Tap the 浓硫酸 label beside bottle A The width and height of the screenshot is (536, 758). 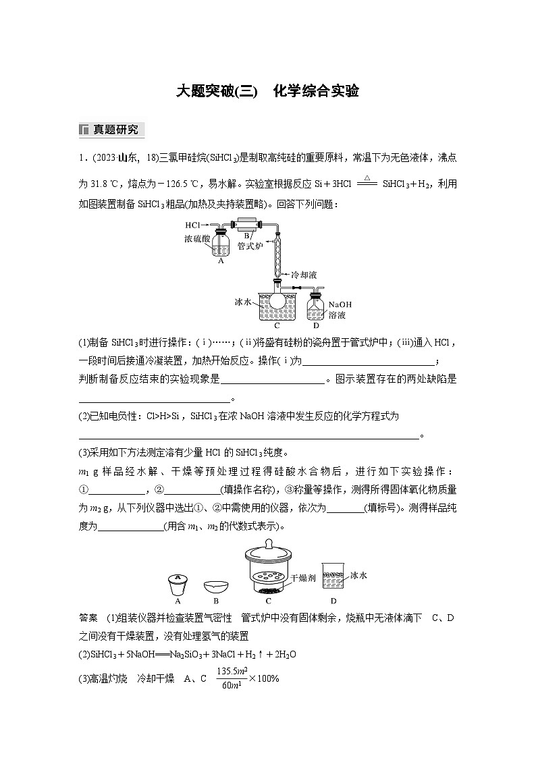196,239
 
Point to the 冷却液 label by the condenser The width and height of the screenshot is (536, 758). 304,275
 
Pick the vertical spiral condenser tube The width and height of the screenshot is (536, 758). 277,254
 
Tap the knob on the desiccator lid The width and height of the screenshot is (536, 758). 268,543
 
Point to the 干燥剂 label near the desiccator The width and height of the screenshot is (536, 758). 303,578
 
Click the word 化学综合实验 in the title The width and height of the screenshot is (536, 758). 315,92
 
